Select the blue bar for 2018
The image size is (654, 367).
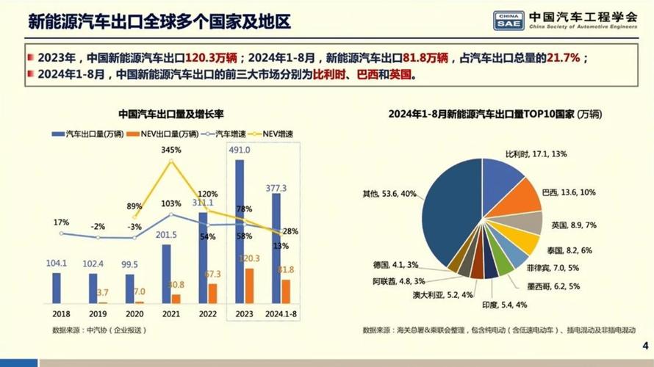click(57, 288)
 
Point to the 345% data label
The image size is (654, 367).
click(170, 150)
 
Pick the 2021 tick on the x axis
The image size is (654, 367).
click(170, 312)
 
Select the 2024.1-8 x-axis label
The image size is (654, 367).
click(281, 312)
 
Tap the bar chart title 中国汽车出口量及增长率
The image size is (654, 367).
click(170, 114)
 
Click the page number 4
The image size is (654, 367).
click(644, 346)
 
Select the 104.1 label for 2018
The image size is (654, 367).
click(57, 262)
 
